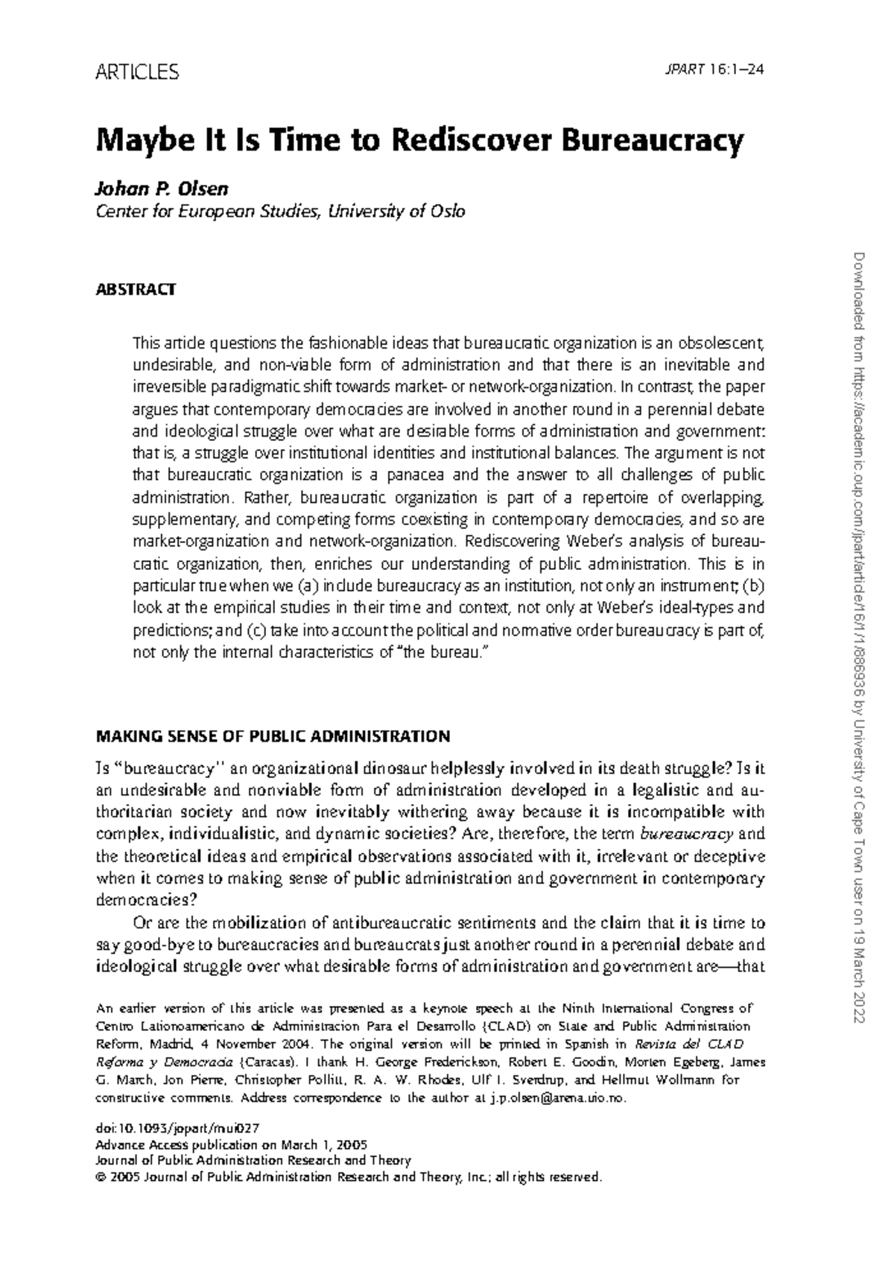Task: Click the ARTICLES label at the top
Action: tap(138, 72)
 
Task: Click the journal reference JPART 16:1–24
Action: tap(714, 71)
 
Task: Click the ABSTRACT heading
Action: tap(136, 289)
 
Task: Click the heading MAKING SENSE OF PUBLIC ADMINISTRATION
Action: tap(273, 736)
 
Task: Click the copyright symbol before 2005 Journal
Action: tap(102, 1177)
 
